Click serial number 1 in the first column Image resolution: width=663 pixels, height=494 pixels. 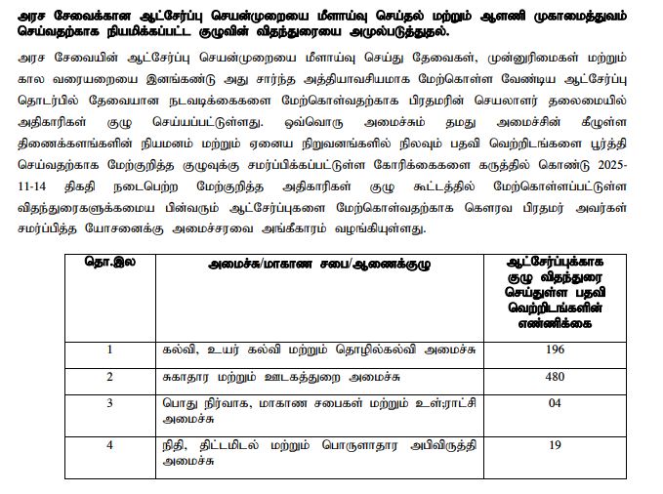(110, 350)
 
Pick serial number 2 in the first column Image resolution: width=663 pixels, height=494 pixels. (110, 376)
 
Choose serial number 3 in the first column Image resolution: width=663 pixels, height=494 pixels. (110, 402)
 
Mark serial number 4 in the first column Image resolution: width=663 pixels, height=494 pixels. (110, 442)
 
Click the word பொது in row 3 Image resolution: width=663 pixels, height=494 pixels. (178, 402)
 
